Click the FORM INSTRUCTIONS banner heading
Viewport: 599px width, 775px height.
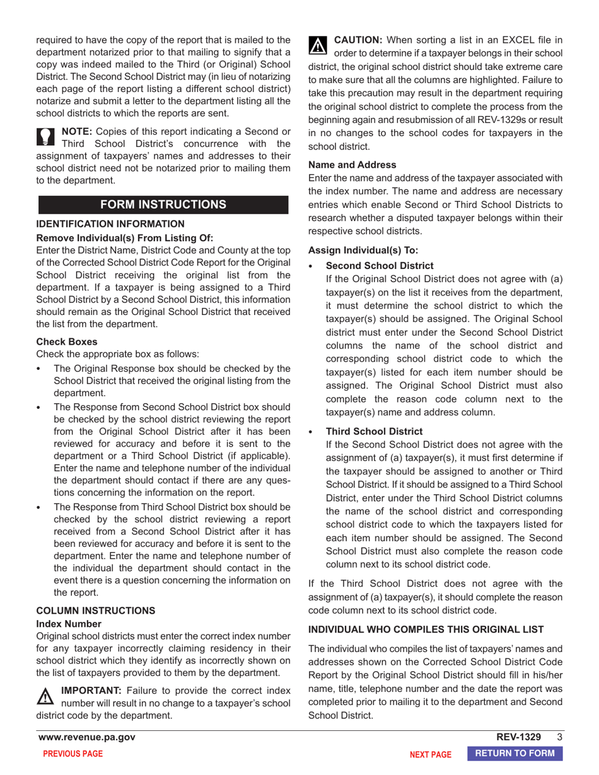(x=163, y=204)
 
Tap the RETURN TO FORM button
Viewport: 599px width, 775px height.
(x=515, y=753)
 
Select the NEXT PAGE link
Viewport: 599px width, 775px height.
(x=431, y=754)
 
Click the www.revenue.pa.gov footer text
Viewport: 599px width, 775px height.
(x=86, y=737)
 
